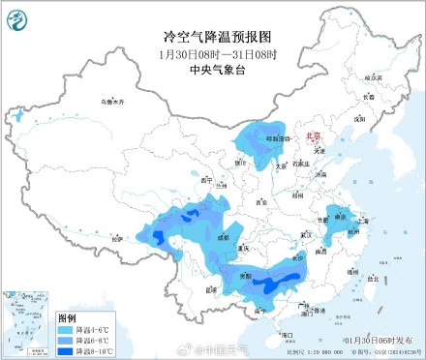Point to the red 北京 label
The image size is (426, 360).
313,137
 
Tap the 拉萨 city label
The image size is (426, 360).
119,237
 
